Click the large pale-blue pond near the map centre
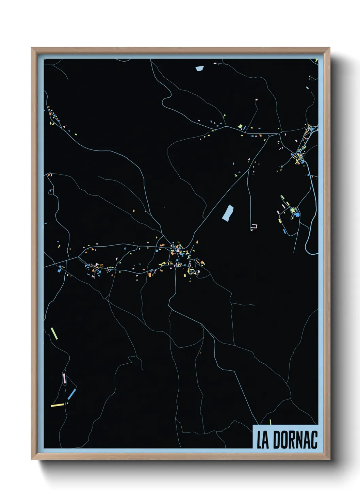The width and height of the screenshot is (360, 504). [228, 212]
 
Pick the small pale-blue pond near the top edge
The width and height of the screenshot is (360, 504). [199, 68]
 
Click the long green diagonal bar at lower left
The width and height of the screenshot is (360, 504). [54, 333]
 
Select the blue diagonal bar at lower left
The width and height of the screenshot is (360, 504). [72, 394]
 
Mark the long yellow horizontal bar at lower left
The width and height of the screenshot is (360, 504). [57, 405]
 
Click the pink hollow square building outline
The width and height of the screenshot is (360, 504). [254, 226]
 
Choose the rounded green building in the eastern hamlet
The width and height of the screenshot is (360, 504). [293, 210]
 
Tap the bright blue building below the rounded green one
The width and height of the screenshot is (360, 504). [296, 215]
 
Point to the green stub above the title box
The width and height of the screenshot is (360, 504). [271, 422]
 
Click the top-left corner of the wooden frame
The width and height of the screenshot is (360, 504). [32, 48]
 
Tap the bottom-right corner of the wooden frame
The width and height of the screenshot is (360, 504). [329, 459]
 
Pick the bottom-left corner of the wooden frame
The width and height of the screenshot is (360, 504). [32, 459]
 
